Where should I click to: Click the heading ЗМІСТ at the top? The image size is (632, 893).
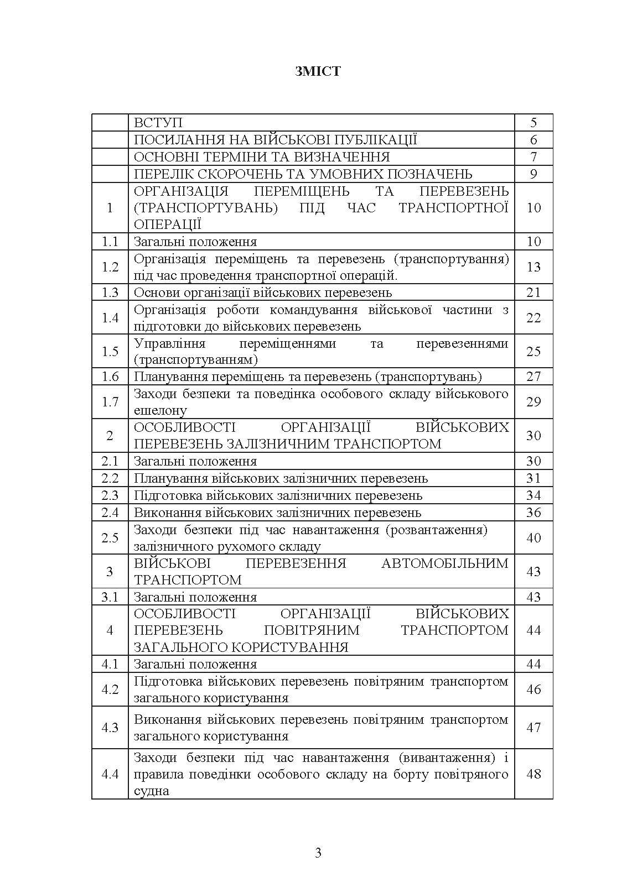317,71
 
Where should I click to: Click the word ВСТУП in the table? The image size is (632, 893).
158,123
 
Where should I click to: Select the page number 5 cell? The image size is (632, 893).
533,123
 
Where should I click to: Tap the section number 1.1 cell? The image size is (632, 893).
110,242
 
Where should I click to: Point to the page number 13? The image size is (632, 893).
533,267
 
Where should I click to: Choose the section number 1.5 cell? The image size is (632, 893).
110,351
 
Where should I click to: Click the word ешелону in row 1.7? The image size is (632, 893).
160,410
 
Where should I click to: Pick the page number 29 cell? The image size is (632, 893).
533,402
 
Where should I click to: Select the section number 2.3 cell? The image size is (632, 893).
110,495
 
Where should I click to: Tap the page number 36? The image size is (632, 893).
533,513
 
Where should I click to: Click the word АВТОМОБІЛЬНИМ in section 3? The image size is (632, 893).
444,563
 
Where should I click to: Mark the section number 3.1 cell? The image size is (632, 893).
110,597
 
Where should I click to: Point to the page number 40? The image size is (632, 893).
533,538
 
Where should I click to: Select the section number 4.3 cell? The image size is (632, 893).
110,728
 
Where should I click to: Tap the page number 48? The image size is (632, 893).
533,774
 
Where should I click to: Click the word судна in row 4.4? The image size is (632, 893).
151,791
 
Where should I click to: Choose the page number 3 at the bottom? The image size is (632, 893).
318,853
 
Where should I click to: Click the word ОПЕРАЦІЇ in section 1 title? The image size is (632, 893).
167,224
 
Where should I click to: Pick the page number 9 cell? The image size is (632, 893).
533,174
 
